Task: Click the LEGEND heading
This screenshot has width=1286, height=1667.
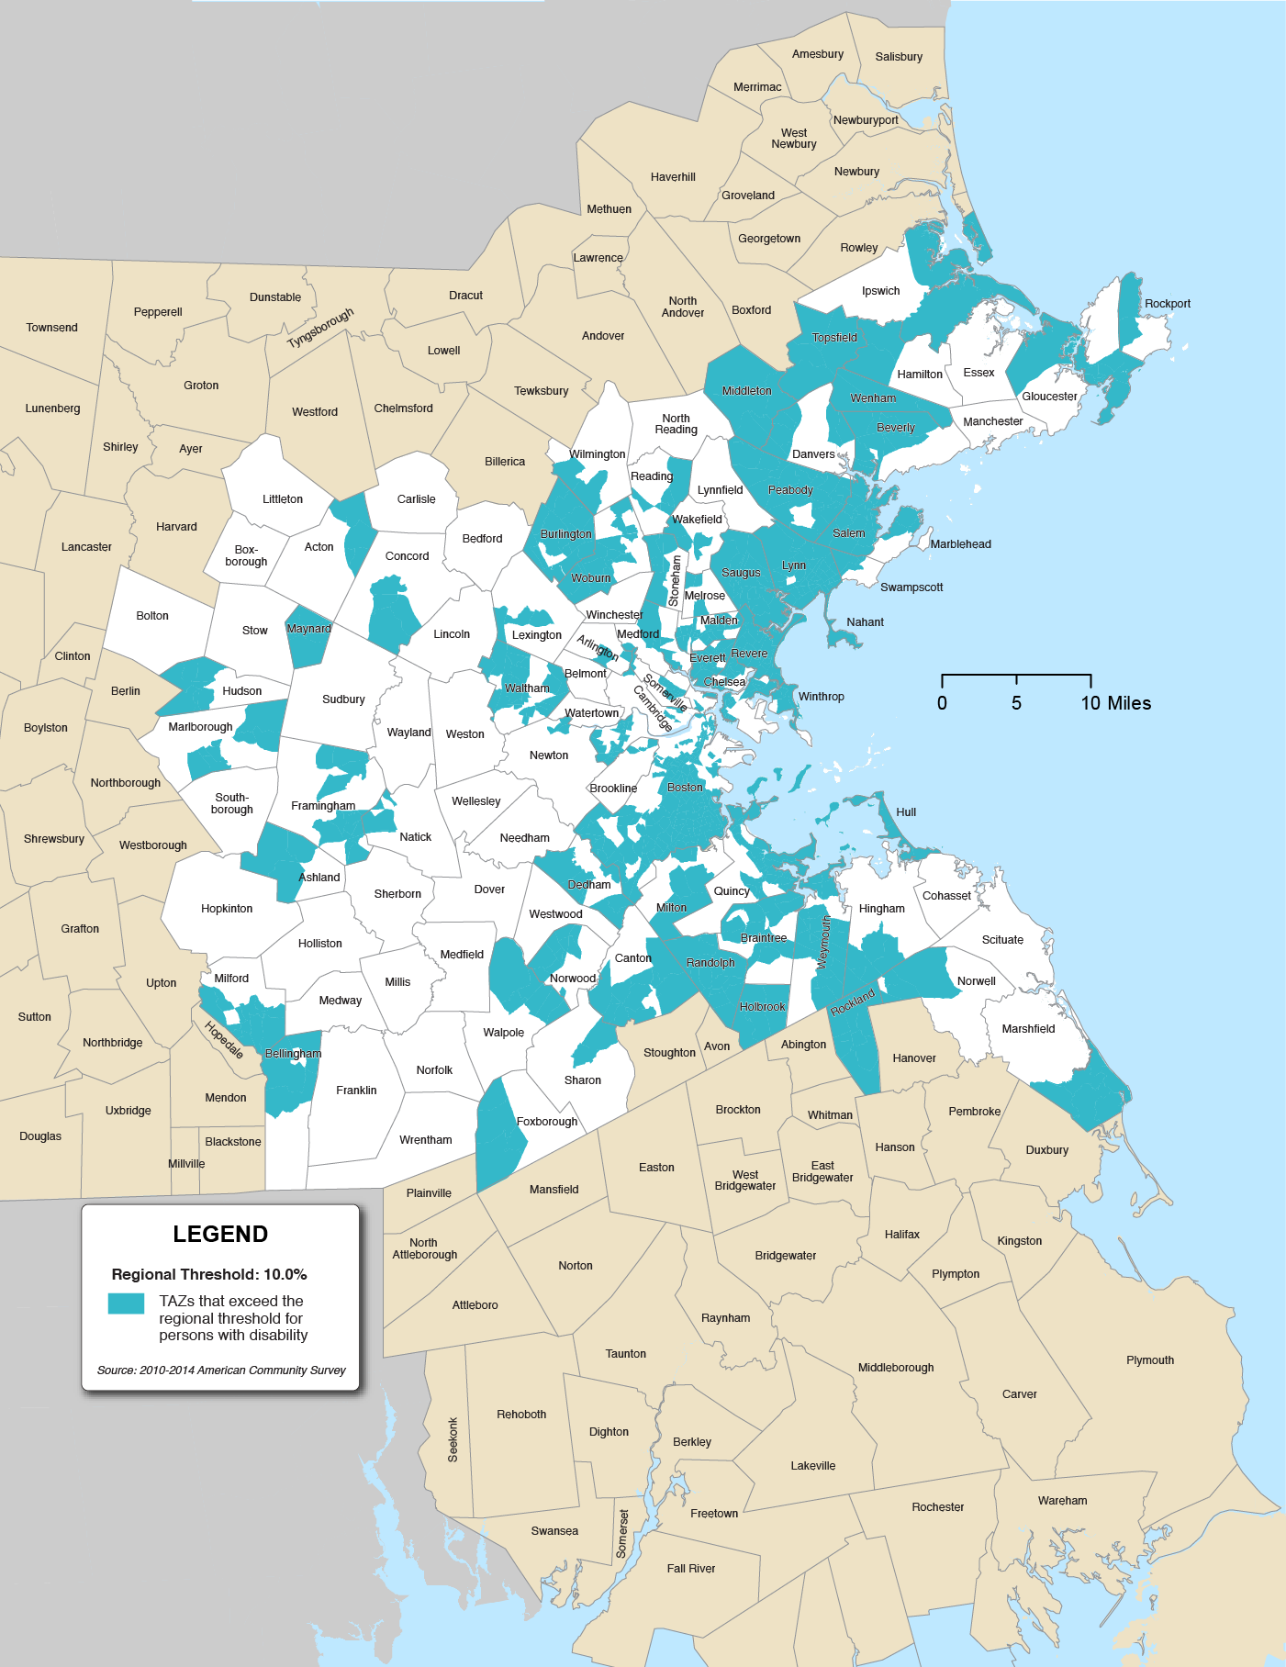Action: coord(220,1234)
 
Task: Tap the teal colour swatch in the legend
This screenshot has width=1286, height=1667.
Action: coord(126,1303)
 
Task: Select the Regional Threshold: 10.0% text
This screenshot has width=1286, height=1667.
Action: coord(209,1274)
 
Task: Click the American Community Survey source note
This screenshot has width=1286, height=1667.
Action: coord(221,1370)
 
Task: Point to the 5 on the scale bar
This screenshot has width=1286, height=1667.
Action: coord(1016,703)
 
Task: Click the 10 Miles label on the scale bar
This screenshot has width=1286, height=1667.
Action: coord(1115,703)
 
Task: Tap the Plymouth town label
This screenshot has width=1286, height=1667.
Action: coord(1149,1359)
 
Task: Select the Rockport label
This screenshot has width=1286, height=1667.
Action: coord(1167,303)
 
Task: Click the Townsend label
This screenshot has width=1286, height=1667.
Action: coord(51,327)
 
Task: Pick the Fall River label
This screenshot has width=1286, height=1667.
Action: coord(690,1568)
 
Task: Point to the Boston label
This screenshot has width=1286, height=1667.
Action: coord(685,787)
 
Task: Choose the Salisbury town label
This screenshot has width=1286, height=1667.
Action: coord(899,56)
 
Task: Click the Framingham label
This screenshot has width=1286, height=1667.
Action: coord(323,805)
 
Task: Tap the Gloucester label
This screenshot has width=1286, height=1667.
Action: coord(1049,396)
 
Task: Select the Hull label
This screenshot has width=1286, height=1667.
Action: coord(906,811)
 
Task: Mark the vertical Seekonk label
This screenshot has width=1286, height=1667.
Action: coord(453,1439)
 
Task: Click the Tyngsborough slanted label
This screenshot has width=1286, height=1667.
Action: coord(320,328)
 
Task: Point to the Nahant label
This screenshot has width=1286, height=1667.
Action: coord(865,621)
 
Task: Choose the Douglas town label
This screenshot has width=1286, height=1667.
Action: coord(40,1136)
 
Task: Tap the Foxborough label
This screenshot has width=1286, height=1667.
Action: coord(547,1121)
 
